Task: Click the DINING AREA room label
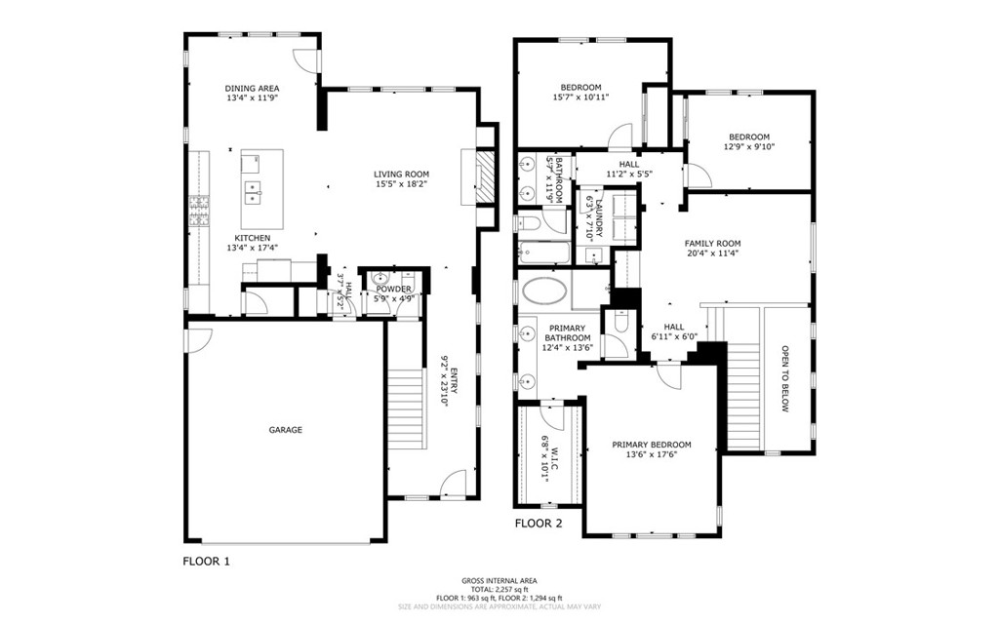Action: tap(252, 89)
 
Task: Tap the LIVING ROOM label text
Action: tap(401, 175)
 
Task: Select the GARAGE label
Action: tap(286, 430)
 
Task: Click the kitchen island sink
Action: tap(253, 191)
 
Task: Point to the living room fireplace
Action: tap(484, 175)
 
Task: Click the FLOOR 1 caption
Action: tap(207, 562)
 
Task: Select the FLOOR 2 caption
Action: tap(539, 524)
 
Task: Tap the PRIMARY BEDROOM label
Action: tap(652, 446)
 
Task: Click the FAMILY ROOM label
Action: tap(712, 244)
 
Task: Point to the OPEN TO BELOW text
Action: tap(783, 378)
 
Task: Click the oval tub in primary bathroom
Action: tap(544, 291)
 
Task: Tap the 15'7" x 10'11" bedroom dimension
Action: tap(580, 97)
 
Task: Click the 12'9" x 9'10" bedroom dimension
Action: tap(748, 148)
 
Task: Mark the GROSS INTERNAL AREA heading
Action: tap(499, 581)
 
